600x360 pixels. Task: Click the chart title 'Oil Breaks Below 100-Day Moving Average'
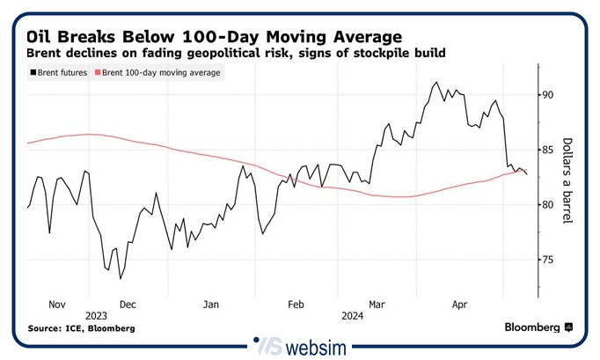214,37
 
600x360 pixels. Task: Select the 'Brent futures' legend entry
58,73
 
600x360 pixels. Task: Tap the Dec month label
127,304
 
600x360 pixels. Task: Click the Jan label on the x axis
211,304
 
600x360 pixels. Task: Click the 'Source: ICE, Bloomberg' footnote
81,328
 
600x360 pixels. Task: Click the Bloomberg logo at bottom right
538,327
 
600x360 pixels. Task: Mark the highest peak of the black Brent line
435,83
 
